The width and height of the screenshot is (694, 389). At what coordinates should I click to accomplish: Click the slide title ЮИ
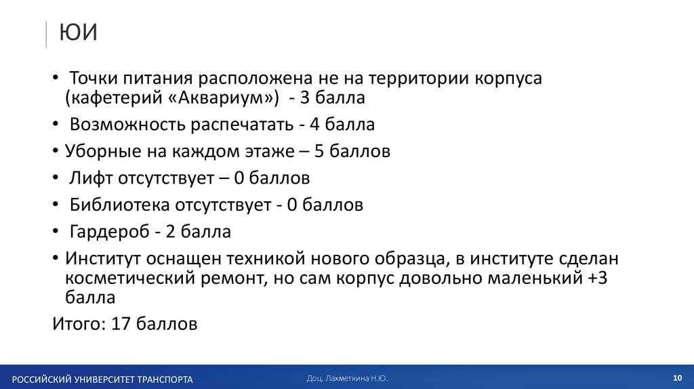click(78, 33)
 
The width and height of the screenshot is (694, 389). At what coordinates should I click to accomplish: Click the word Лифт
click(94, 178)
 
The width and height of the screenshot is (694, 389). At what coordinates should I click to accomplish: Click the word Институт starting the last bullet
click(106, 259)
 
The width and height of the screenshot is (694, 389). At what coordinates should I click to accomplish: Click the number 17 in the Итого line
click(121, 324)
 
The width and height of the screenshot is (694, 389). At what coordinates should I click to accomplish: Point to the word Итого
click(76, 324)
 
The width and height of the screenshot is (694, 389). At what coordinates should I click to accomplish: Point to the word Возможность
click(127, 125)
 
